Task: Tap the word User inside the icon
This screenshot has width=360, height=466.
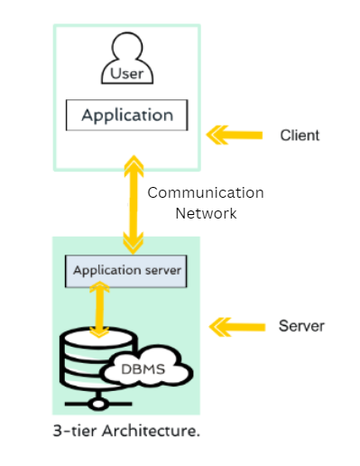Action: pyautogui.click(x=127, y=74)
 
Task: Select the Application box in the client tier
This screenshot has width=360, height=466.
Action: pyautogui.click(x=127, y=116)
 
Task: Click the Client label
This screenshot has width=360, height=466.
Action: pyautogui.click(x=300, y=135)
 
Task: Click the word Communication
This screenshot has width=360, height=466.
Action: pyautogui.click(x=206, y=192)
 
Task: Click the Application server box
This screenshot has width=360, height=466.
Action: pyautogui.click(x=127, y=269)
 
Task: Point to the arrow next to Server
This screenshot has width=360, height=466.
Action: pyautogui.click(x=235, y=324)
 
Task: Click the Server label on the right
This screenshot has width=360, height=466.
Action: pyautogui.click(x=301, y=325)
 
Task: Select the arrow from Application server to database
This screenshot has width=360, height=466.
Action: pyautogui.click(x=101, y=309)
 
